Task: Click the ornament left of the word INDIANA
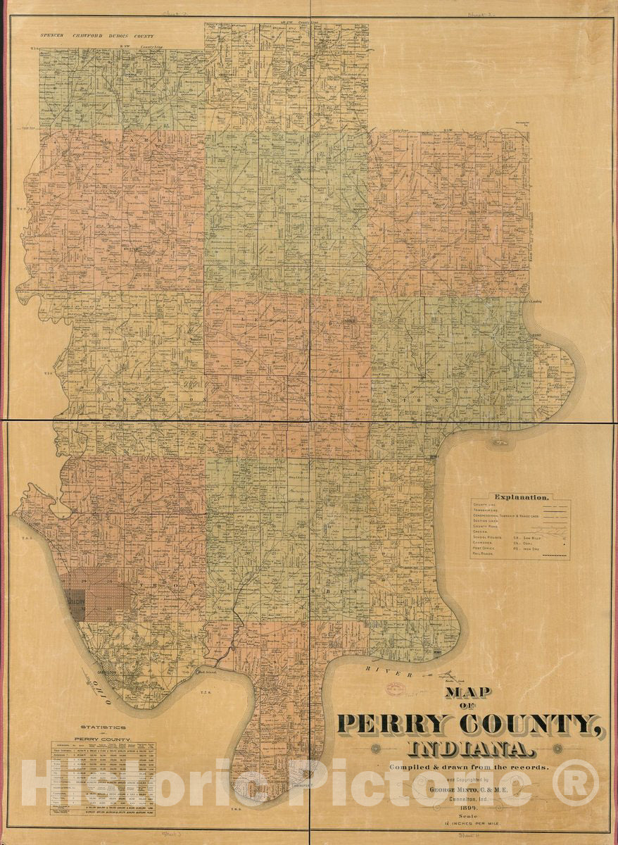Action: pos(376,749)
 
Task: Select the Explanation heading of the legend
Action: pos(522,496)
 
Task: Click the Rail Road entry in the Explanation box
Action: pos(485,554)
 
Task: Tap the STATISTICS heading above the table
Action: pos(103,727)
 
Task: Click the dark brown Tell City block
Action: pos(75,603)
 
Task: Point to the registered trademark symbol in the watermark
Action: pos(575,783)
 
